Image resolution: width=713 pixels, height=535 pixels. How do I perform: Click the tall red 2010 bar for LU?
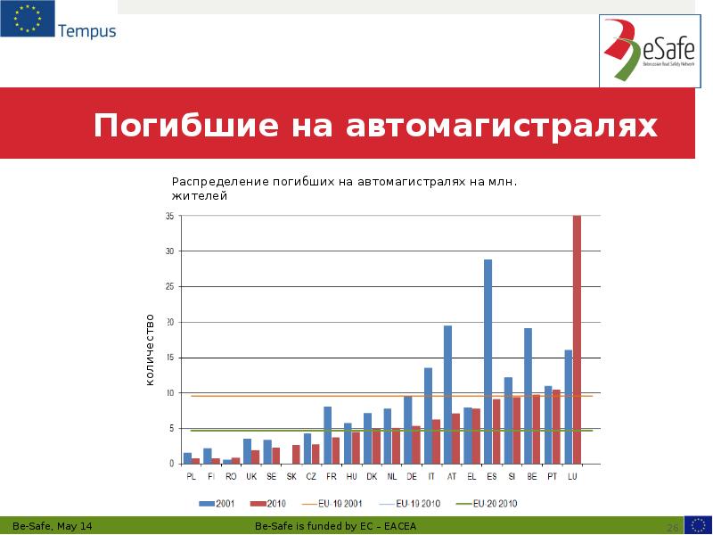(577, 339)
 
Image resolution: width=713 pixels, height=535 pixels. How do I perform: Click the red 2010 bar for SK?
(296, 454)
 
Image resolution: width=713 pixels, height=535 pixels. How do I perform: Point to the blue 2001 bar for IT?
(428, 416)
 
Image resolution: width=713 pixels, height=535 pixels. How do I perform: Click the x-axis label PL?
(191, 476)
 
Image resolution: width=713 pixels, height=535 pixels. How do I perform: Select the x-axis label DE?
(412, 476)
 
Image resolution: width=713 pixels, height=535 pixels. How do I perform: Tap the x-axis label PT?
(553, 476)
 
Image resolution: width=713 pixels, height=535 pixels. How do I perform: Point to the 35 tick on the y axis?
(168, 216)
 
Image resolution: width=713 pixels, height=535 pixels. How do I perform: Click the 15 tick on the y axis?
(168, 358)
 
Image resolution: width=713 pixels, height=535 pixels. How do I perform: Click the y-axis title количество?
(150, 350)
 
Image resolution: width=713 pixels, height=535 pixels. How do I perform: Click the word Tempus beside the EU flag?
(86, 31)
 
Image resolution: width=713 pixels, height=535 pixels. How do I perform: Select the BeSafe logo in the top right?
(649, 51)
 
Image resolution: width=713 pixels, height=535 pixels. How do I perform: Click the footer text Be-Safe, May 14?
(52, 527)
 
